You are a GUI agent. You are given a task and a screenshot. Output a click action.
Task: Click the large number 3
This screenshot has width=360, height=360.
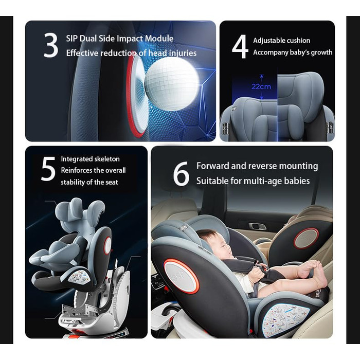point(51,45)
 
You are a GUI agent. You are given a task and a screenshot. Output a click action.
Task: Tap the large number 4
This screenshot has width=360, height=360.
point(240,46)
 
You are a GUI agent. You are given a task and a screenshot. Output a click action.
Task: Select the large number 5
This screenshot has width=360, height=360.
point(48,169)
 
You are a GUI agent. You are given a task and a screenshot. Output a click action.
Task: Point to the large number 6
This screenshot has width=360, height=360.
point(181,174)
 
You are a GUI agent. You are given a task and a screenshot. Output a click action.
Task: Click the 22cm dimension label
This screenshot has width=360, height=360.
point(261,86)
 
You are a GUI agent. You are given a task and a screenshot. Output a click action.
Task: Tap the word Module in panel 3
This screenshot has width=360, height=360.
point(159,39)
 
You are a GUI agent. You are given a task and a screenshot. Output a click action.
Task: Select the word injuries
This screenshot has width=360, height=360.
point(183,53)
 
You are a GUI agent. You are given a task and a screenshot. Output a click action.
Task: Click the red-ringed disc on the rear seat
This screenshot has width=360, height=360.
point(306,239)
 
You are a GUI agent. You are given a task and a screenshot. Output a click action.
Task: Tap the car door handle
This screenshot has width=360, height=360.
point(258,227)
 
